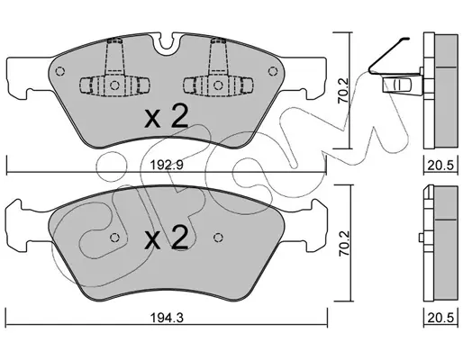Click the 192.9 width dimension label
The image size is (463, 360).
pos(167,165)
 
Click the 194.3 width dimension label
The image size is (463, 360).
pos(167,318)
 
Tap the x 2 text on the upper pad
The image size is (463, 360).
pos(166,117)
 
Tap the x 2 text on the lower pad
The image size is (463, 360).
pos(166,238)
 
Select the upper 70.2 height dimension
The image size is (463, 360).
pos(343,91)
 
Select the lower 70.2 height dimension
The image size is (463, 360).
pos(344,243)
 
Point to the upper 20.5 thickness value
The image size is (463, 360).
pos(440,165)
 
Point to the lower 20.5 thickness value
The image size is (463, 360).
pos(440,318)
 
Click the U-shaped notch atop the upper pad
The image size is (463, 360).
pos(167,44)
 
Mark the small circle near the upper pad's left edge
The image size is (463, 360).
pos(60,71)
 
